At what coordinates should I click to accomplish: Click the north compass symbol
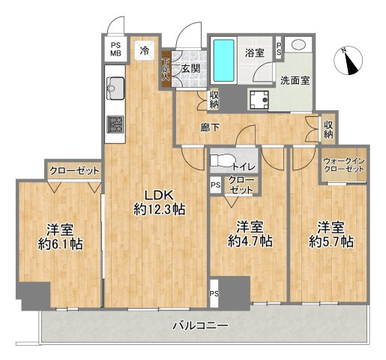click(349, 61)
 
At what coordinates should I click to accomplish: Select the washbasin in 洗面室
click(298, 45)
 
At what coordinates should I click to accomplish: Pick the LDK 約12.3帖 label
click(159, 200)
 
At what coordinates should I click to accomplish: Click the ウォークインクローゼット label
click(343, 166)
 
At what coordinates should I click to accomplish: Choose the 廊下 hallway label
click(210, 127)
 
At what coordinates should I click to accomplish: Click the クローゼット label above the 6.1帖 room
click(74, 171)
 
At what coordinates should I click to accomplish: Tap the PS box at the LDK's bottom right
click(214, 293)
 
